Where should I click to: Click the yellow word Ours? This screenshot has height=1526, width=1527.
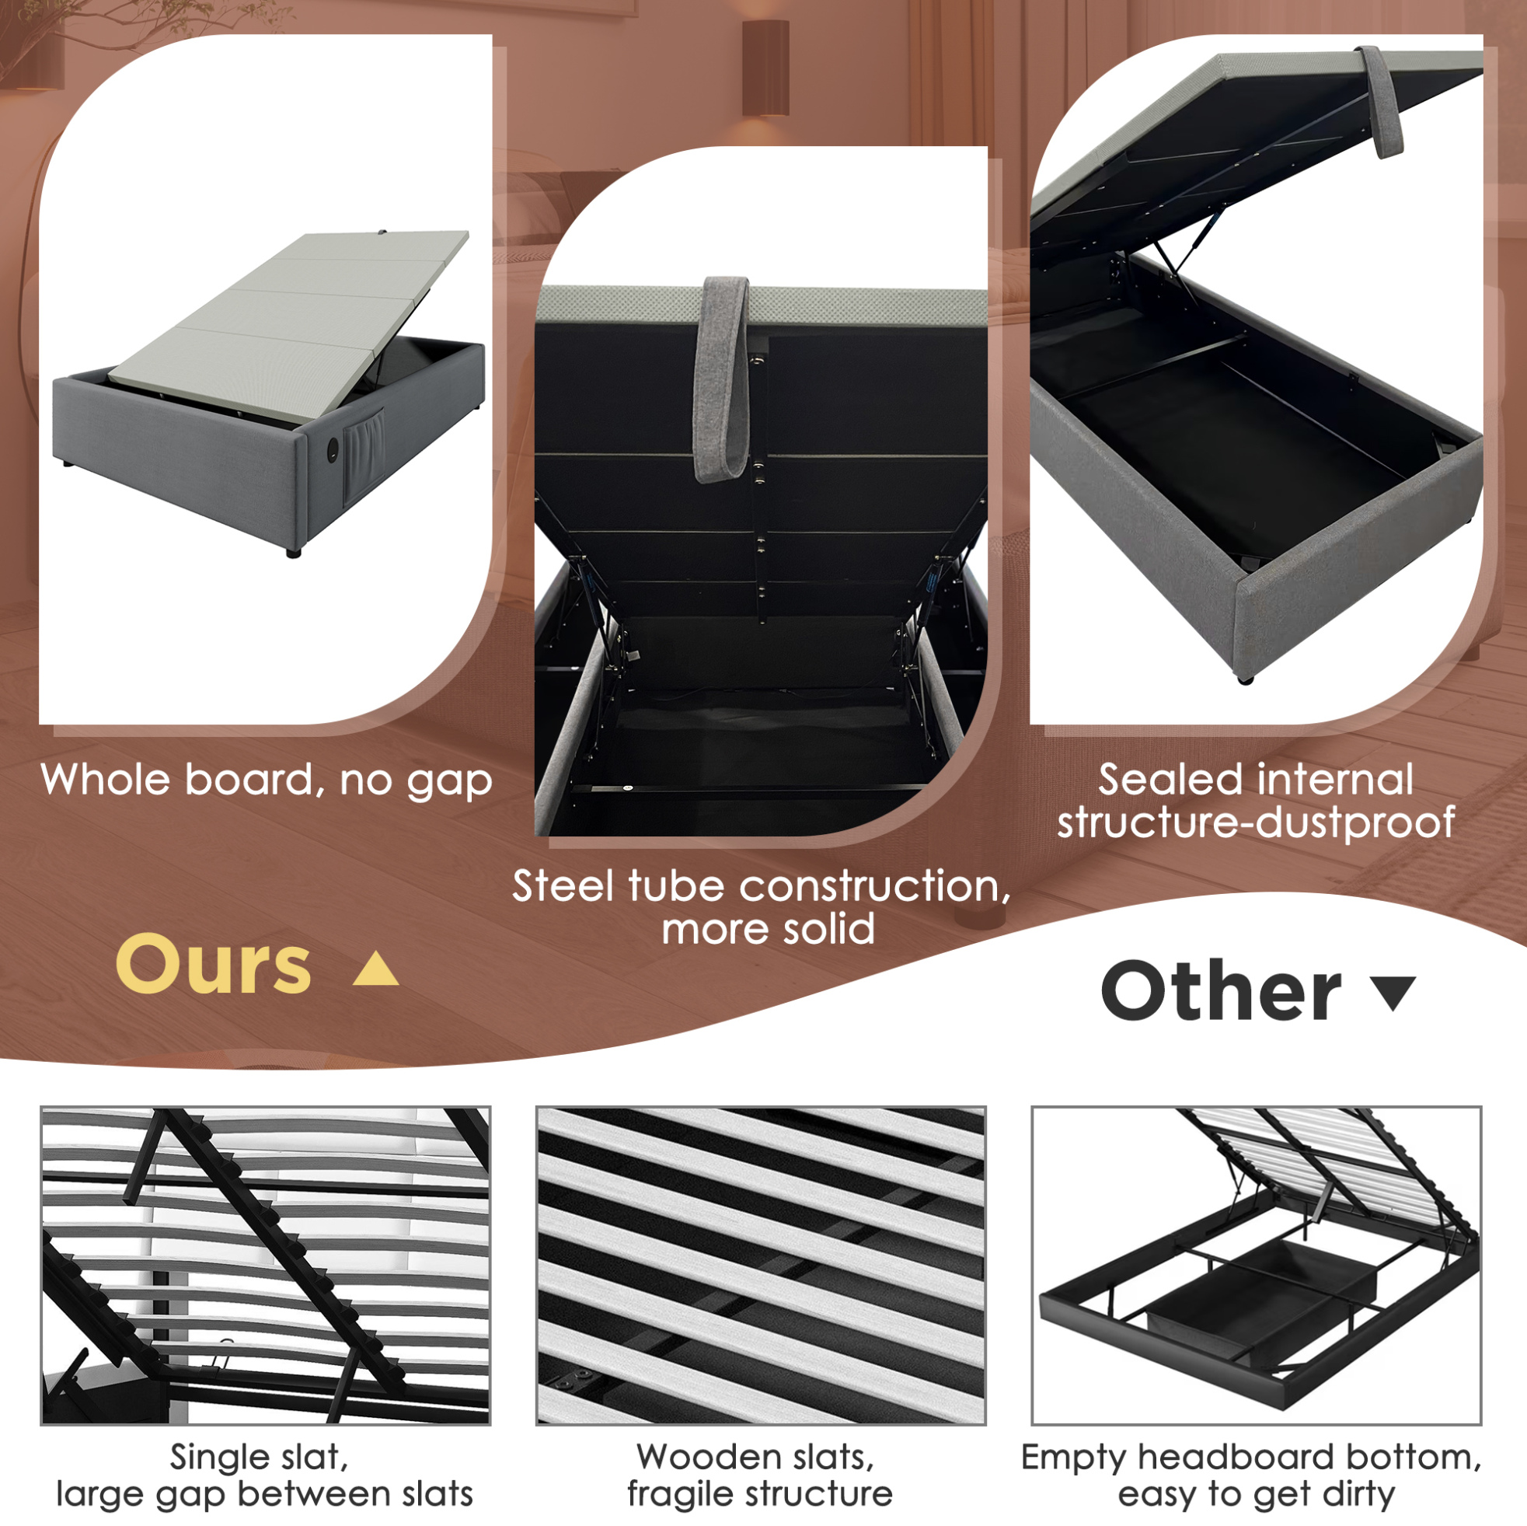[214, 965]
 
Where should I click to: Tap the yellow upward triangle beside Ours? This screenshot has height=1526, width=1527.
[375, 969]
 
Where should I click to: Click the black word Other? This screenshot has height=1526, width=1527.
[1221, 990]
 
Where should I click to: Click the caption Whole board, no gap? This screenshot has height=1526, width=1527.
[267, 781]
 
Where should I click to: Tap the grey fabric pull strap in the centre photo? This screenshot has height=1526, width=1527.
[721, 379]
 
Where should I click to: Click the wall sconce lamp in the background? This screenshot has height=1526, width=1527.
[765, 68]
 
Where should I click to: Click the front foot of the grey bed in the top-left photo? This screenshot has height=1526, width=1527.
[293, 553]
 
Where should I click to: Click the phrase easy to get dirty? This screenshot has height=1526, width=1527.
[1256, 1494]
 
